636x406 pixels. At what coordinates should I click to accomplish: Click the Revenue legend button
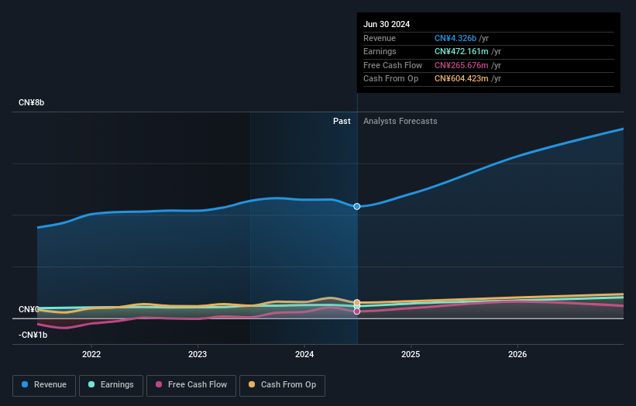45,385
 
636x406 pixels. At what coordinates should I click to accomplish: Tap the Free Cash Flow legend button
191,385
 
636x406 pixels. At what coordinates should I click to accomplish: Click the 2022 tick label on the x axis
91,354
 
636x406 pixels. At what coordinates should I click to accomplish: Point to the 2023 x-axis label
198,354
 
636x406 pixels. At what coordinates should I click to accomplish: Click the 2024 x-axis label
304,354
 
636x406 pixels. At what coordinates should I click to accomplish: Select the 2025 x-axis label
411,354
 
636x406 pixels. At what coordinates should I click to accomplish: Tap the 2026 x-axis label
517,354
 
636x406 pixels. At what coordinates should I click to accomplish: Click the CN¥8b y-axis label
32,103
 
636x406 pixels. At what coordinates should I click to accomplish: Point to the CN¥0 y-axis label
29,310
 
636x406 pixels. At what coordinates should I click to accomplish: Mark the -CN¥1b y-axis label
33,335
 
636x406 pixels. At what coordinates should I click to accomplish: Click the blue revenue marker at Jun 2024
357,207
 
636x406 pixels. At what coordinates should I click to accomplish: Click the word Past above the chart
342,122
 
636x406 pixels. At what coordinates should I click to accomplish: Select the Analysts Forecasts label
400,122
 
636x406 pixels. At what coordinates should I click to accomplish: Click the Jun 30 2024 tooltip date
387,24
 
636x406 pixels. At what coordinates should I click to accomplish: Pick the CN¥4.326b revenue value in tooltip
456,39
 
